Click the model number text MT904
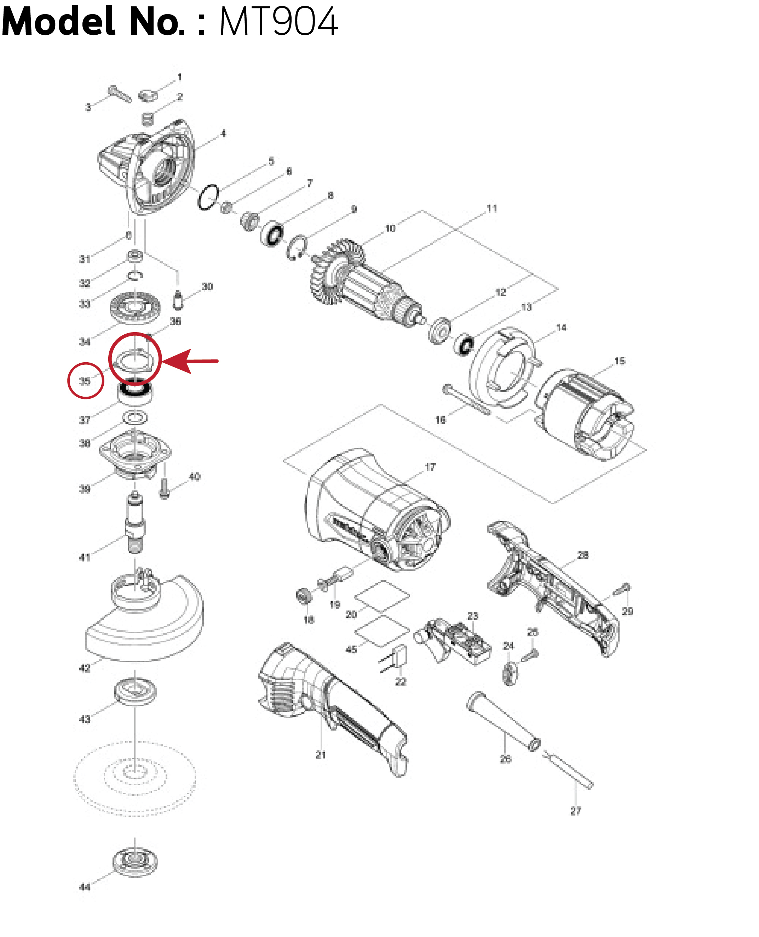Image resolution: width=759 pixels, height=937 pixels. coord(278,22)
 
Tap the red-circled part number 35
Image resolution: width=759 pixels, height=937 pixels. coord(85,381)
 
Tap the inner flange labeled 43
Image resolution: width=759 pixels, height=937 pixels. coord(135,691)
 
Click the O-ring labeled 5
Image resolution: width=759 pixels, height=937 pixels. coord(208,197)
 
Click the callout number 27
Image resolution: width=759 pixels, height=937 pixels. coord(576,811)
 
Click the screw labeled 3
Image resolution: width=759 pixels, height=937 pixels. coord(119,93)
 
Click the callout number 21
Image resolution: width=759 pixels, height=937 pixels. coord(321,754)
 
